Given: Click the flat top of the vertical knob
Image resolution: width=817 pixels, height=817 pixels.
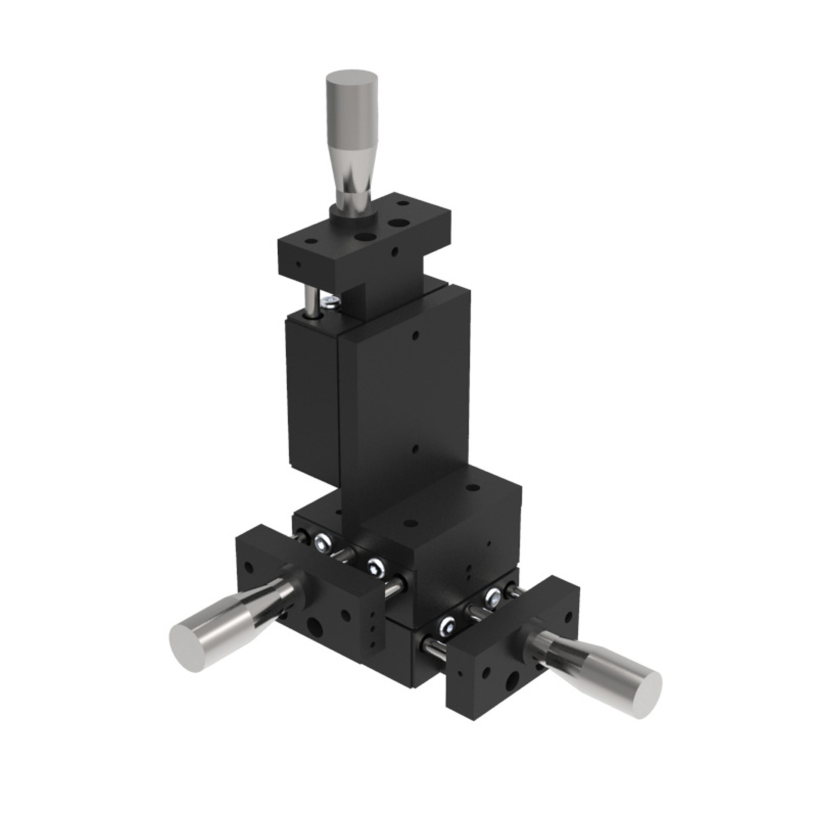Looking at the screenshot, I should (x=348, y=77).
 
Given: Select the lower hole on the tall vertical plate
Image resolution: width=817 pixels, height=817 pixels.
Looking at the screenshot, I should (x=415, y=449).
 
